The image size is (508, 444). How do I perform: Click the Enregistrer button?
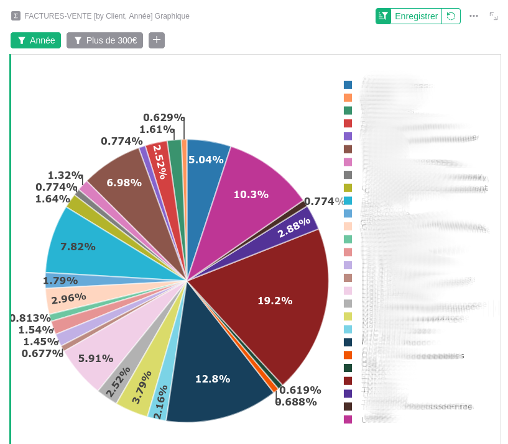pyautogui.click(x=416, y=16)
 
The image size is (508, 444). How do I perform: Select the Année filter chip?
pyautogui.click(x=35, y=40)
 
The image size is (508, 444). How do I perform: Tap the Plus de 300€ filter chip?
pyautogui.click(x=104, y=40)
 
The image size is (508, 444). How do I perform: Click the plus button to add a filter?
pyautogui.click(x=157, y=40)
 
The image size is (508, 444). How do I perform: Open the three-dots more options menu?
pyautogui.click(x=474, y=16)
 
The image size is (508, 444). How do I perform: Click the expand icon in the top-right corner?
pyautogui.click(x=494, y=16)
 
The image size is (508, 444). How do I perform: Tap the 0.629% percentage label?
pyautogui.click(x=163, y=117)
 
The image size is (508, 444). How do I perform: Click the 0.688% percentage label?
pyautogui.click(x=296, y=402)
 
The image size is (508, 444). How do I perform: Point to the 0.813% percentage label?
pyautogui.click(x=30, y=318)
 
